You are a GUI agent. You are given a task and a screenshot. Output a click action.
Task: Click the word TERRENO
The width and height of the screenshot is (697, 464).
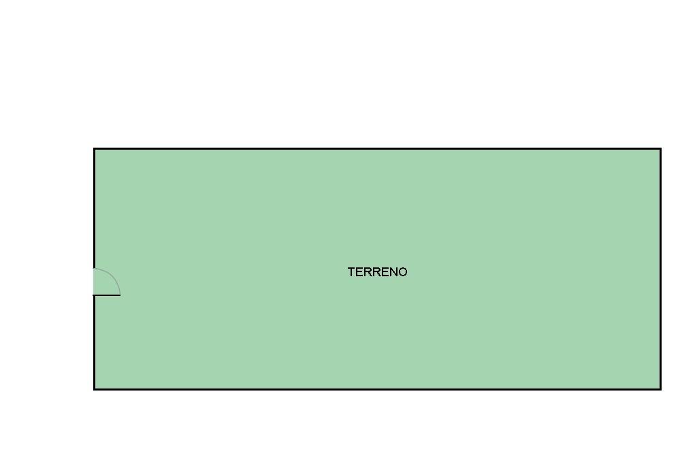coord(377,272)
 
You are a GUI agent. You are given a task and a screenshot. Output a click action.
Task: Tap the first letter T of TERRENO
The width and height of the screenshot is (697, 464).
coord(352,272)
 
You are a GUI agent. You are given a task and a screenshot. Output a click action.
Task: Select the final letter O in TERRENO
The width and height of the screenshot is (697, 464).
coord(403,272)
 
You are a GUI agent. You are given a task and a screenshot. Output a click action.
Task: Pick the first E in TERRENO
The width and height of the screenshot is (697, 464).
coord(359,272)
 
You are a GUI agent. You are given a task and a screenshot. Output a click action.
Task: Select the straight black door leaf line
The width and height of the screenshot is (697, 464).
coord(107,295)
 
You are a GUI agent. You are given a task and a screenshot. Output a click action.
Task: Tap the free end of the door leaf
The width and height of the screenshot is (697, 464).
coord(120,295)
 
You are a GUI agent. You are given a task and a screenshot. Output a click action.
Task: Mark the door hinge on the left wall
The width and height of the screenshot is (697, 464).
coord(94,295)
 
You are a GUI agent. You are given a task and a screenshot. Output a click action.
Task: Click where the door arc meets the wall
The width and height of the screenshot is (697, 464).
coord(94,269)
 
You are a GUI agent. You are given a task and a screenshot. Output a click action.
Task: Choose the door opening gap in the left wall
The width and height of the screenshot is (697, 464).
coord(94,282)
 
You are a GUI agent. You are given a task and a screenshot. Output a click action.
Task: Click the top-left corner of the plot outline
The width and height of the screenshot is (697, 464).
coord(94,148)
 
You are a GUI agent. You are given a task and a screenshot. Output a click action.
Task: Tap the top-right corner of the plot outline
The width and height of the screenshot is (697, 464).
coord(661,148)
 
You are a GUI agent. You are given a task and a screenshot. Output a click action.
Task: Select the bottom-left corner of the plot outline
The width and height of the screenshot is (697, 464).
coord(94,390)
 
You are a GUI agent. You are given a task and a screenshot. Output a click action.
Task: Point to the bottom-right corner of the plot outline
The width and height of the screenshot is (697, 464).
coord(661,390)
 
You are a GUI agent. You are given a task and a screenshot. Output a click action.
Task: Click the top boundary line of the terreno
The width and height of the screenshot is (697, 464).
coord(377,148)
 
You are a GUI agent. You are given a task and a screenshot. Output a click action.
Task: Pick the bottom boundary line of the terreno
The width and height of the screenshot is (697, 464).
coord(377,390)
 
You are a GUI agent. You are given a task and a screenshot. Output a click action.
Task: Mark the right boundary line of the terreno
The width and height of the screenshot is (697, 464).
coord(661,269)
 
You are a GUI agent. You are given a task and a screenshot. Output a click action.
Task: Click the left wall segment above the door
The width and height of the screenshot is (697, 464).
coord(94,208)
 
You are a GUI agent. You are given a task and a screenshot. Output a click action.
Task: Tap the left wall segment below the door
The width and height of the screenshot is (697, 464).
coord(94,342)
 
